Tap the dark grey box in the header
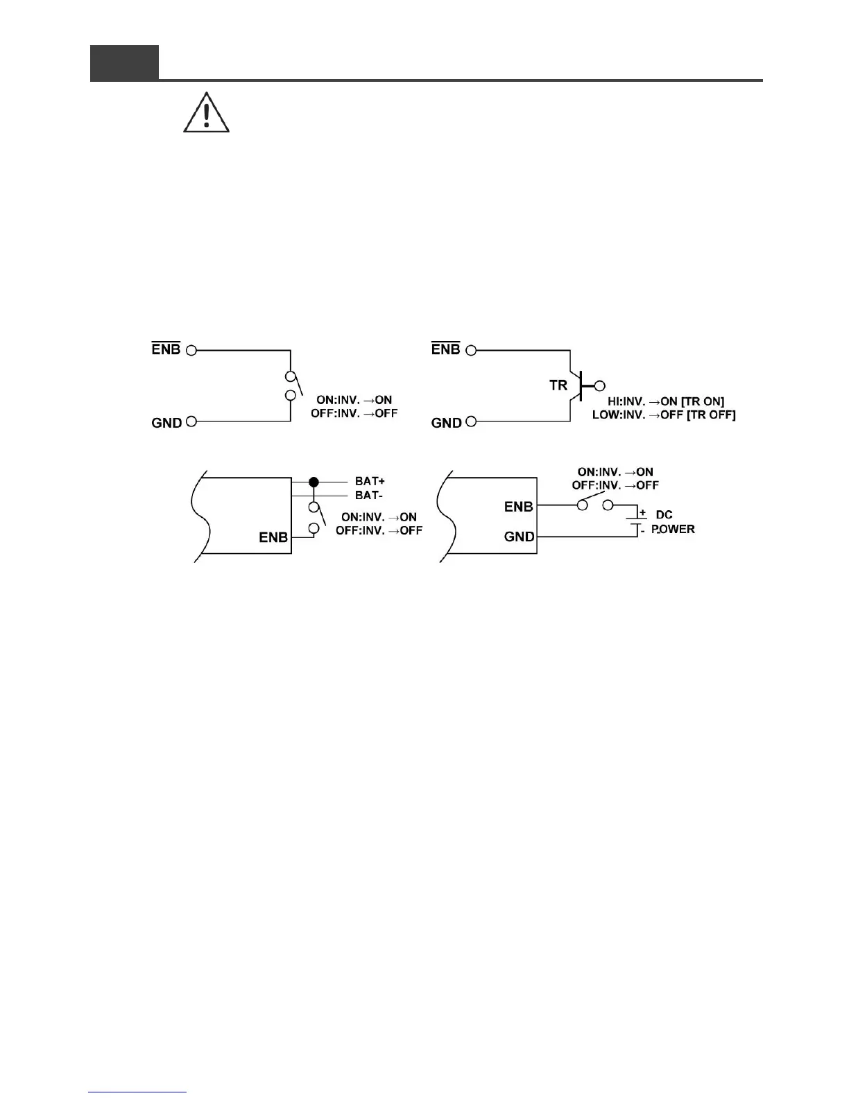click(x=124, y=62)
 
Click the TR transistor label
click(x=558, y=385)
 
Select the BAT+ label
click(x=370, y=481)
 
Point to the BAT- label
click(x=369, y=496)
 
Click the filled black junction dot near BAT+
click(x=314, y=482)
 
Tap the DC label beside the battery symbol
click(x=664, y=515)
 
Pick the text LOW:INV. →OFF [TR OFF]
click(x=664, y=415)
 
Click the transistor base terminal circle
click(x=600, y=385)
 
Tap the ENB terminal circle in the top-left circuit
click(x=191, y=350)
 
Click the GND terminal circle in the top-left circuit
click(x=191, y=421)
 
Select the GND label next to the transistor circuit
click(x=447, y=423)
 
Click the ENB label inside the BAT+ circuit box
click(x=273, y=538)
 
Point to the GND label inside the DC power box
click(x=519, y=537)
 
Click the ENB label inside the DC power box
click(x=519, y=507)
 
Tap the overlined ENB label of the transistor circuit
click(x=446, y=349)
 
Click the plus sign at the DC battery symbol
click(x=643, y=513)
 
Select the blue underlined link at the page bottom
click(x=138, y=1092)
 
